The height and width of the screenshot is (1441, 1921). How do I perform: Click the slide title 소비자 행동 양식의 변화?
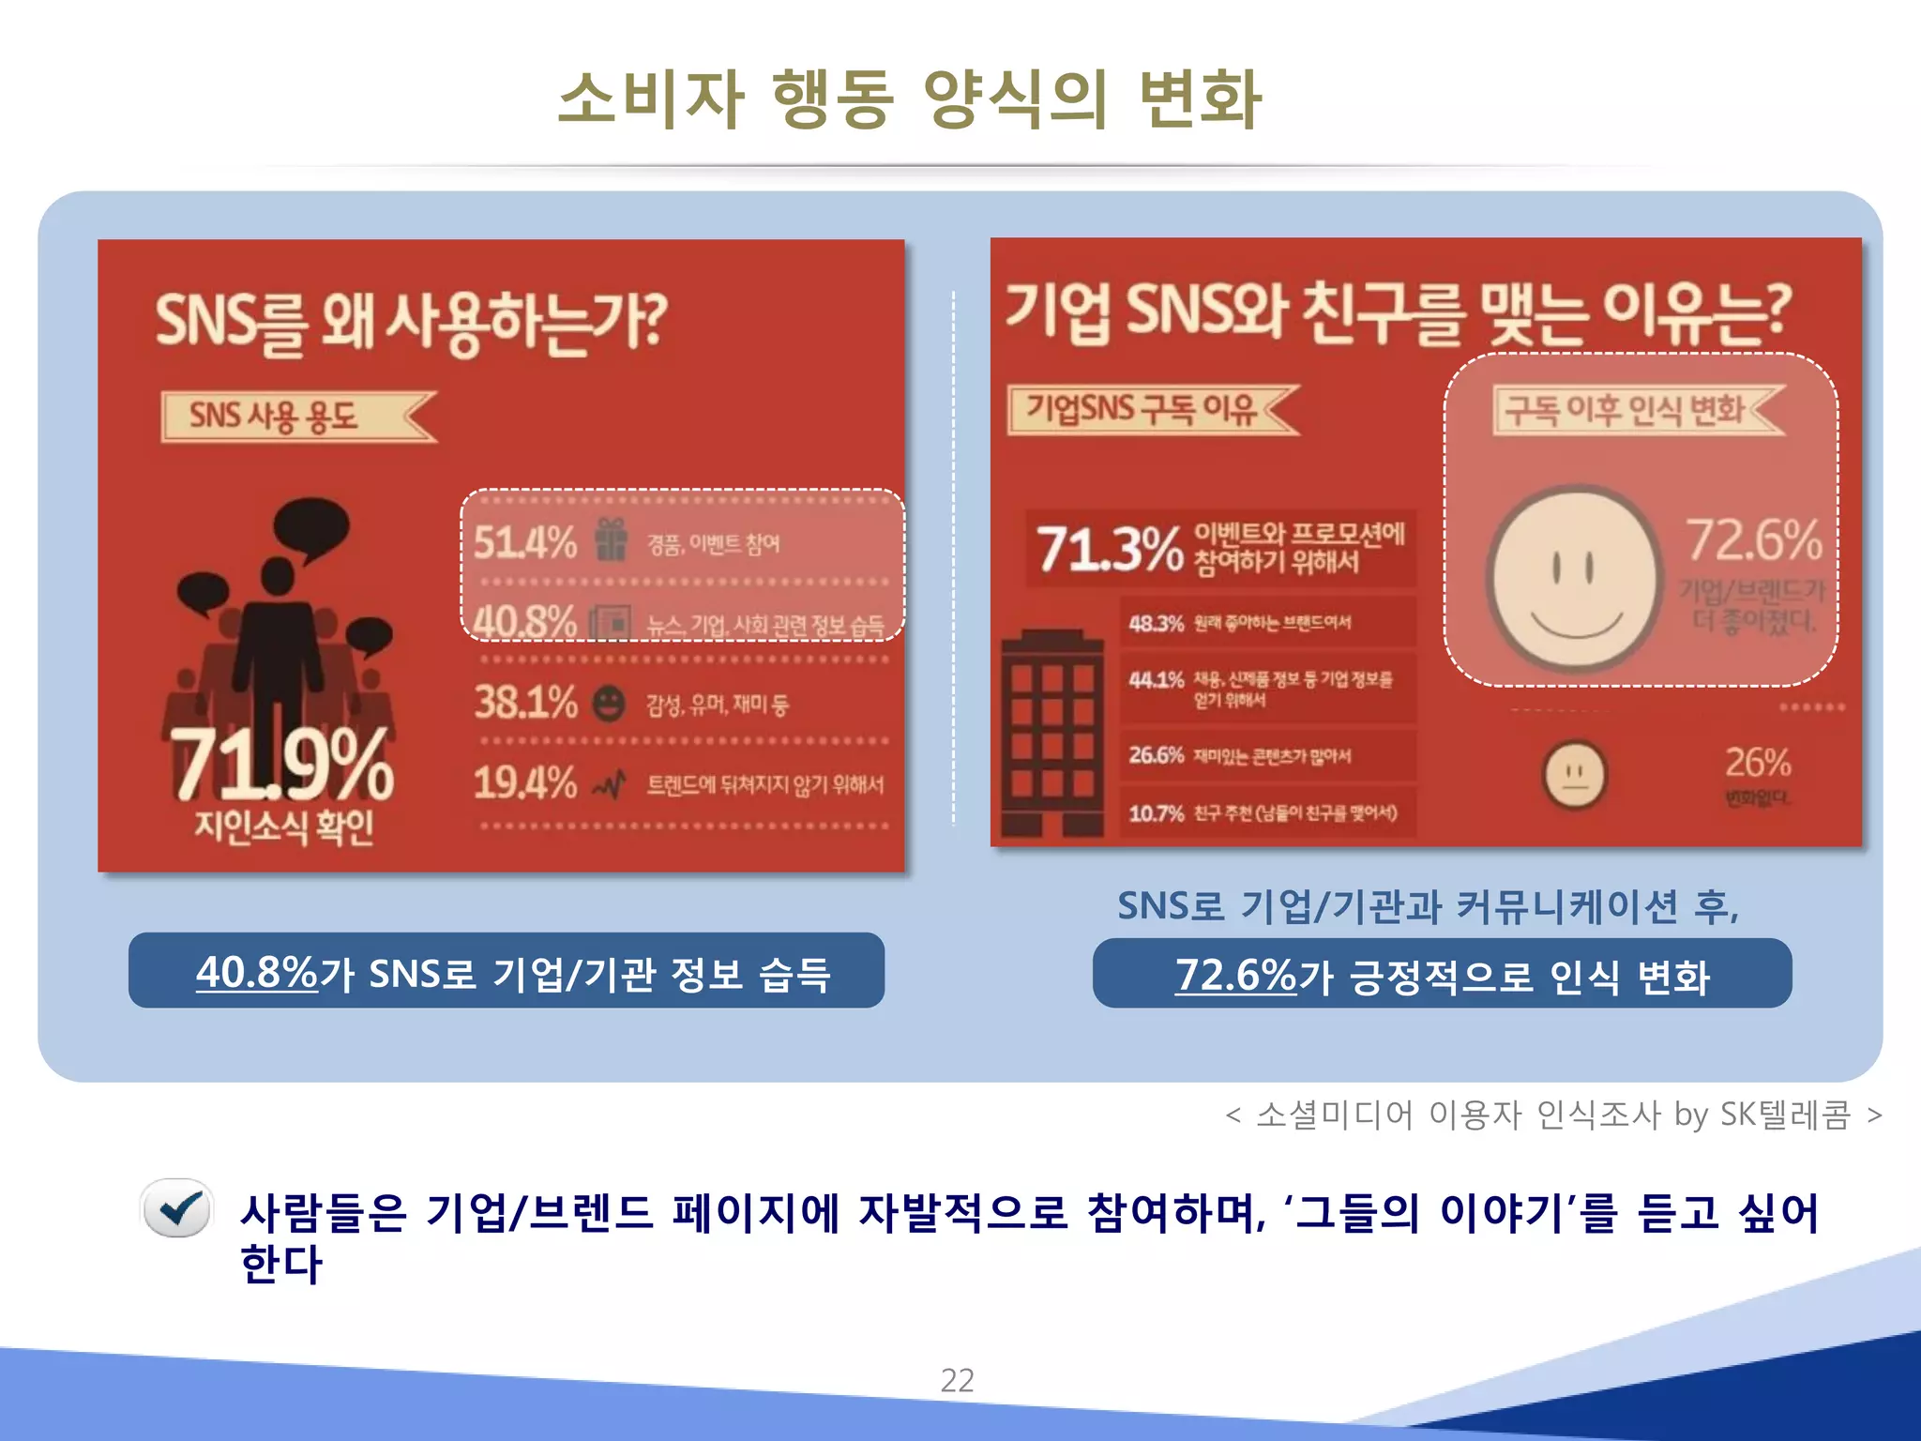909,99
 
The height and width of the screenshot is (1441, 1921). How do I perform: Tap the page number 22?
957,1380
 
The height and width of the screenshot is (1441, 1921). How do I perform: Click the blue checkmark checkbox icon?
176,1208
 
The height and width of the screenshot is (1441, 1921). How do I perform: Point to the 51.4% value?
524,542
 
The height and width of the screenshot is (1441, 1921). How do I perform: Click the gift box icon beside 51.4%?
611,540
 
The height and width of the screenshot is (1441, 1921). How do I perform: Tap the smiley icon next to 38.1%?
610,703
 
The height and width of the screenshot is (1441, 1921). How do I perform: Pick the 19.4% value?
524,782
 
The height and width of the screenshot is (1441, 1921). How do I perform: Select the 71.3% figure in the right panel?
1110,549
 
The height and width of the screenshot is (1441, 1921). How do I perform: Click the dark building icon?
1051,733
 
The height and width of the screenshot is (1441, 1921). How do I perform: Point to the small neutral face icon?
1575,775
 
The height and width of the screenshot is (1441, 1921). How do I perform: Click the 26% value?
1758,763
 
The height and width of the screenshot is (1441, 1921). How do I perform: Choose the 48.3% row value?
1156,623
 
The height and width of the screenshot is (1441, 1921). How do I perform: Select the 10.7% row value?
1156,812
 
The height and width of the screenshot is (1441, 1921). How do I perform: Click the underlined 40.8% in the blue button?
256,972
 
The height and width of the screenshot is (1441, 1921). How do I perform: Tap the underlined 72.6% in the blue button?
1234,975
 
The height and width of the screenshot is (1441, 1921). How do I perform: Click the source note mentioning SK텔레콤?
1552,1115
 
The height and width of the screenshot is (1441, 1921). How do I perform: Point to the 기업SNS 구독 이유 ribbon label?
1142,409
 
